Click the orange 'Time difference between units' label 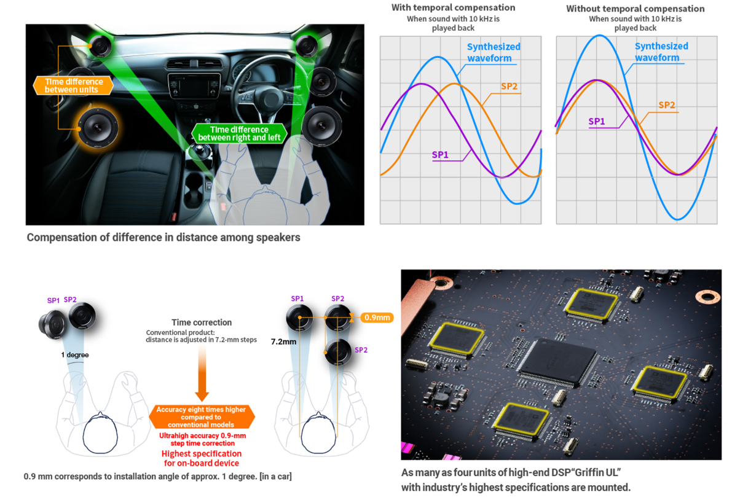click(x=73, y=85)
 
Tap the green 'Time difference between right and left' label click(x=239, y=133)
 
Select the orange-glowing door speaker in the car click(x=98, y=127)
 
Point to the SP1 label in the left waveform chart click(x=440, y=155)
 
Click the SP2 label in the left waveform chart click(x=509, y=87)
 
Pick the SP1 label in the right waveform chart click(x=597, y=122)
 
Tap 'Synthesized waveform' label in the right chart click(x=661, y=52)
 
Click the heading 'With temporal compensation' click(x=453, y=7)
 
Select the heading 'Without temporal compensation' click(x=636, y=9)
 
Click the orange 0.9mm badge click(x=377, y=318)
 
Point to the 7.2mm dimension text click(x=283, y=342)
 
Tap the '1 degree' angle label click(x=75, y=355)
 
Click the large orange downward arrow click(x=202, y=373)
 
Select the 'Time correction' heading click(x=202, y=322)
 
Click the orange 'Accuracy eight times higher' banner click(x=202, y=417)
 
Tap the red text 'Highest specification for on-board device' click(x=202, y=458)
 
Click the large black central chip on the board click(x=558, y=362)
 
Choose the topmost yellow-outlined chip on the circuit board click(x=591, y=304)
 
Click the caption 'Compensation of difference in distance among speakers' click(x=163, y=238)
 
